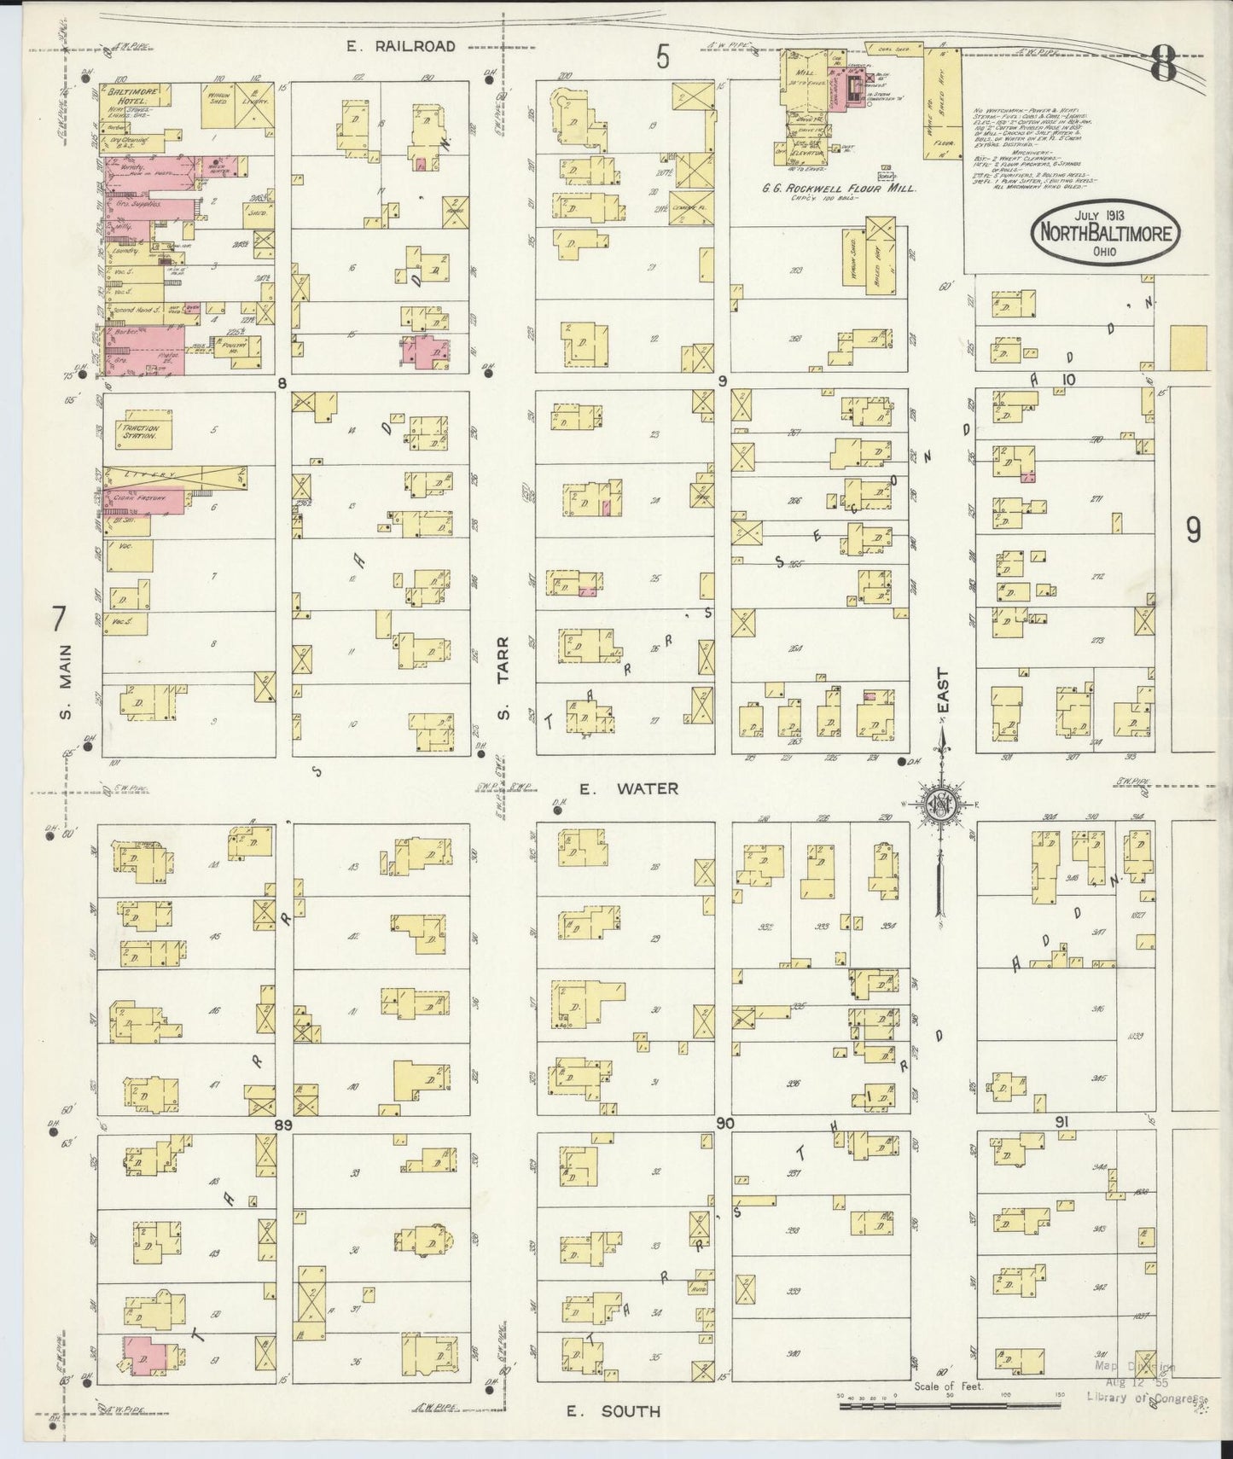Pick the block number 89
point(283,1125)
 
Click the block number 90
point(725,1125)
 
